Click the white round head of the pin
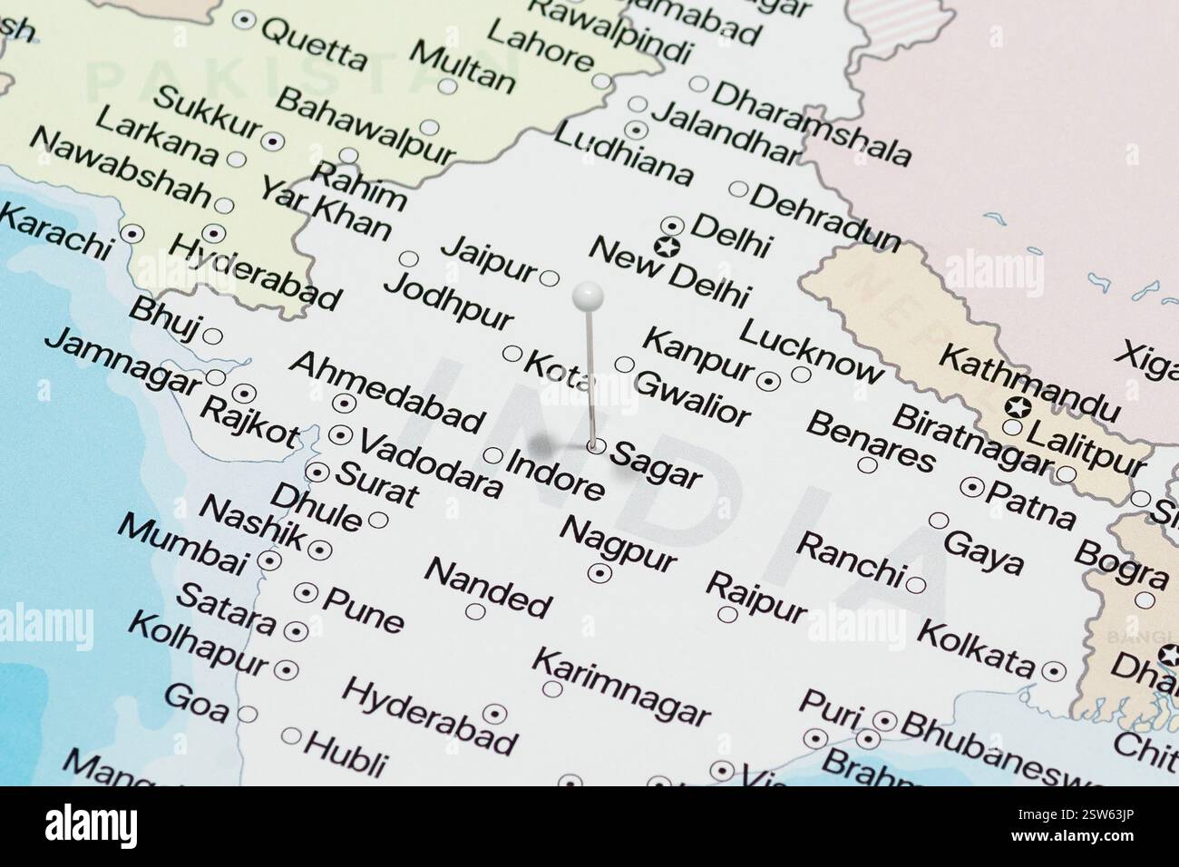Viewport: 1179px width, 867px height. click(589, 294)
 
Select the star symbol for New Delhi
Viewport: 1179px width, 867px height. click(667, 245)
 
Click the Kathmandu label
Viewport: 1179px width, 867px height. click(1026, 382)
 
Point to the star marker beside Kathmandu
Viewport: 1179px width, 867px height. click(1018, 407)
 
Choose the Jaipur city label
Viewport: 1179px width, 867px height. click(490, 258)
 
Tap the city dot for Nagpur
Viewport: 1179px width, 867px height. click(599, 572)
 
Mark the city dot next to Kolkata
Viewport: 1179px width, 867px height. click(1053, 671)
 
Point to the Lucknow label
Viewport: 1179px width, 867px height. click(810, 350)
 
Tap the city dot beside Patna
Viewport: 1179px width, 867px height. click(973, 487)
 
